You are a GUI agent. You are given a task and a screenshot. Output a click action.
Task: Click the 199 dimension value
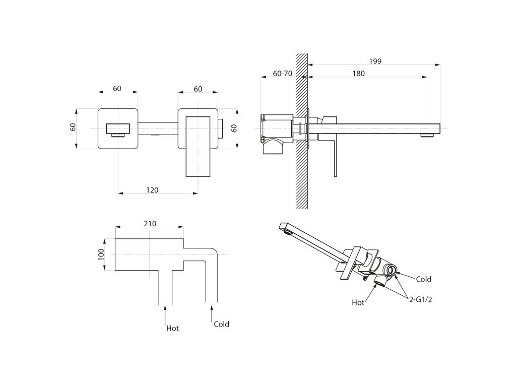click(x=375, y=61)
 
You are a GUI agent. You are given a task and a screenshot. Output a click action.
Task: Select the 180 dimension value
click(x=358, y=74)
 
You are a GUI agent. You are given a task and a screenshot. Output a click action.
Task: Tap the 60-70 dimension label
click(x=282, y=74)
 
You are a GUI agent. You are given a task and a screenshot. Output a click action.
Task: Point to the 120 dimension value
click(x=152, y=190)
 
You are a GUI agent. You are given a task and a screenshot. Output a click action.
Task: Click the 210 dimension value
click(x=150, y=224)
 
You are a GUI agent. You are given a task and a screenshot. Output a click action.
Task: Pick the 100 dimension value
click(x=101, y=254)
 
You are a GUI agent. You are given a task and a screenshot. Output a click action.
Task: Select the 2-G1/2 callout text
click(x=421, y=299)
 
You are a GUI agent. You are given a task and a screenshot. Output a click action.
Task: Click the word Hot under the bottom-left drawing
click(x=172, y=329)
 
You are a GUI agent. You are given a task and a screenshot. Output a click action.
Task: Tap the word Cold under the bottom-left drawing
click(x=221, y=325)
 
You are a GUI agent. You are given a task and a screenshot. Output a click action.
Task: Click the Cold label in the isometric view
click(x=423, y=279)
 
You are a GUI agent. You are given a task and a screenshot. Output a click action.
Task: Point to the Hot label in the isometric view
click(x=358, y=303)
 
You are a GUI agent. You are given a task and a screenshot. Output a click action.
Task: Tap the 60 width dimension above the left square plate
click(x=117, y=89)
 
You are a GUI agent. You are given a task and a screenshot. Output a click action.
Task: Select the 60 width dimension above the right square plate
click(x=198, y=89)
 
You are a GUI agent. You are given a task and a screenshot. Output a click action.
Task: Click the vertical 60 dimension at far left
click(x=73, y=127)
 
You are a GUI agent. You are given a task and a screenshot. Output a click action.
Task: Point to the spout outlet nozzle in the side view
click(x=427, y=135)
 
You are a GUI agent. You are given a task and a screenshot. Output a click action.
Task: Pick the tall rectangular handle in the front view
click(x=198, y=146)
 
